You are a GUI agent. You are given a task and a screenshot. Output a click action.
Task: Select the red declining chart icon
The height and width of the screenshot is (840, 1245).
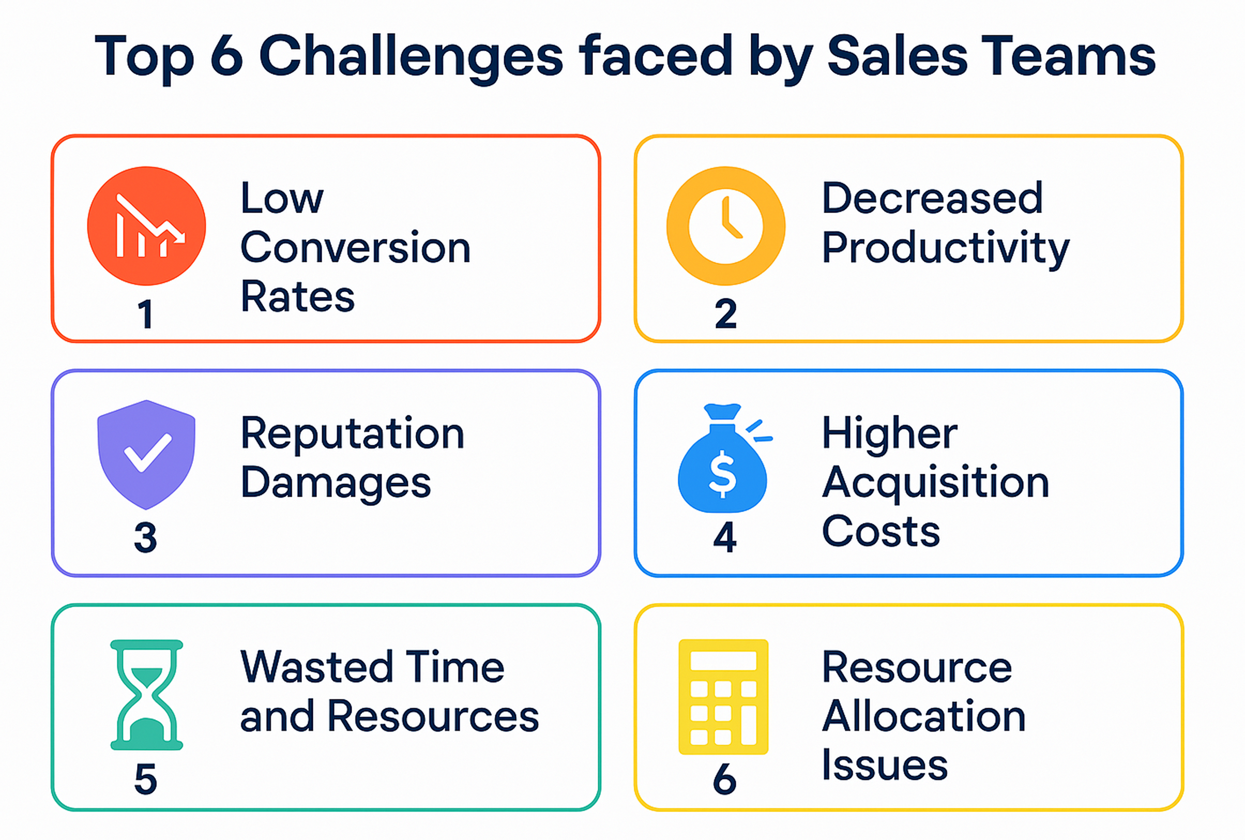[x=146, y=226]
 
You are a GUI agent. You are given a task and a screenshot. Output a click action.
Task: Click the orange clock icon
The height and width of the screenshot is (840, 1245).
[x=725, y=226]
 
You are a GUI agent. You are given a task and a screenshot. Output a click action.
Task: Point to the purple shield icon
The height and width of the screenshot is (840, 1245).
[x=146, y=454]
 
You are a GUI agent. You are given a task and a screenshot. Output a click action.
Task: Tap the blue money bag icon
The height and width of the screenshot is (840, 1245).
[x=724, y=458]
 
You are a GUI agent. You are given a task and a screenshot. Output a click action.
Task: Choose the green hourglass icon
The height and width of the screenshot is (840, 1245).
[x=147, y=694]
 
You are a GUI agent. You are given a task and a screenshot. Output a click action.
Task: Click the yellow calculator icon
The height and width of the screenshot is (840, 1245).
[x=723, y=697]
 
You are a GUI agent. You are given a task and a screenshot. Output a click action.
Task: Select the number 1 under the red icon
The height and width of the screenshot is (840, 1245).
[x=146, y=314]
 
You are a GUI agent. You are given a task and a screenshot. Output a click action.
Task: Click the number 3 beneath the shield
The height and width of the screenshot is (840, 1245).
[x=146, y=537]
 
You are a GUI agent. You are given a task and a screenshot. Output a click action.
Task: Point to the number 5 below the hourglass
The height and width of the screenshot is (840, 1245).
[x=146, y=779]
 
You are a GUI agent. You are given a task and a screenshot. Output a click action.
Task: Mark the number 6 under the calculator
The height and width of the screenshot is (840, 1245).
[x=724, y=778]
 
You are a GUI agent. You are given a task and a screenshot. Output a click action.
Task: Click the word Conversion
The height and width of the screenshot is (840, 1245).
[x=356, y=247]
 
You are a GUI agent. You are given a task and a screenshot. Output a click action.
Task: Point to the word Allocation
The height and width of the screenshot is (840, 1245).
[x=924, y=716]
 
